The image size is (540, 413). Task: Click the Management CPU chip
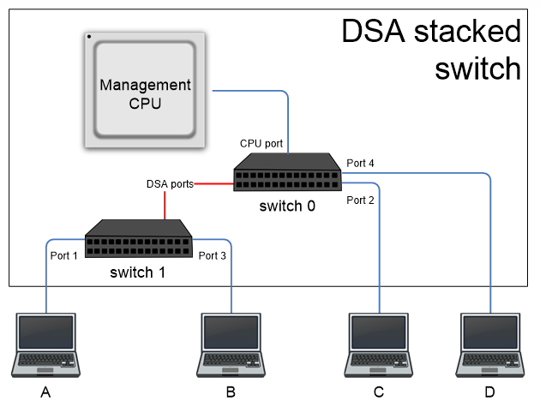pos(144,90)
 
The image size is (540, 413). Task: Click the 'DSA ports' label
pos(170,183)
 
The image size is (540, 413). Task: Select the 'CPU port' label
pos(261,143)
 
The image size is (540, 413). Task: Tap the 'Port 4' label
pos(360,163)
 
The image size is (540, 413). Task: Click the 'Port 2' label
pos(360,201)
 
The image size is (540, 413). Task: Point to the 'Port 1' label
pos(63,255)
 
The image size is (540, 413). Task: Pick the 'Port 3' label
pos(212,255)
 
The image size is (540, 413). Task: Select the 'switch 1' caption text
pos(139,272)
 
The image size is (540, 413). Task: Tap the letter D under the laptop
pos(489,392)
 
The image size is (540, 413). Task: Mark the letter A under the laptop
pos(46,392)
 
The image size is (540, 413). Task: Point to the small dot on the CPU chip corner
pos(89,37)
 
